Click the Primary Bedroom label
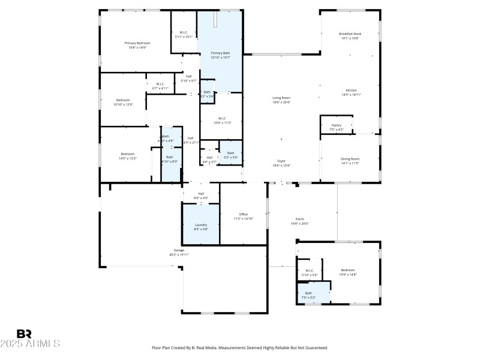(x=137, y=43)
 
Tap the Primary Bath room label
(x=220, y=53)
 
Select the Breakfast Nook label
(x=349, y=34)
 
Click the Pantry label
(x=336, y=125)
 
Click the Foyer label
(x=281, y=161)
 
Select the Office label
(x=243, y=214)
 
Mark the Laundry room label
(x=201, y=225)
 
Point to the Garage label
(x=179, y=250)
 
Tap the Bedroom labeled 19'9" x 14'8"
(x=348, y=270)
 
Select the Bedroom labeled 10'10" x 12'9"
(x=123, y=100)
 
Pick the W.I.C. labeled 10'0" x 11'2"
(x=221, y=119)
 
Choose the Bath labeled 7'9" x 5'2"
(x=308, y=293)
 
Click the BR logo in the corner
(x=24, y=333)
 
